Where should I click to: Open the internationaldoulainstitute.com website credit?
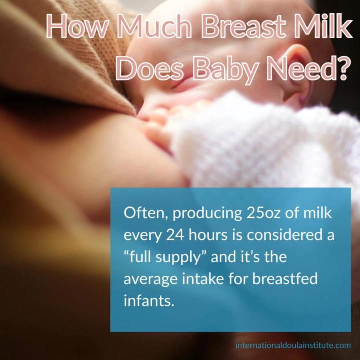coord(293,345)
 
